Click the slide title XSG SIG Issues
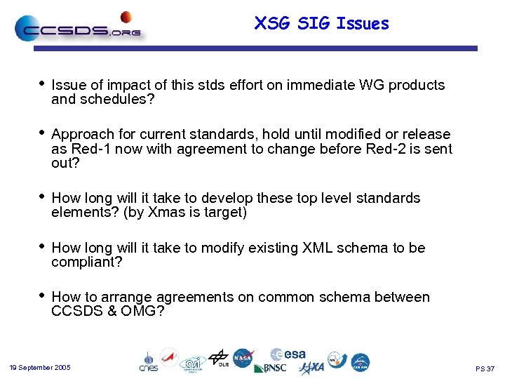[321, 24]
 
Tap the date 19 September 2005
[40, 368]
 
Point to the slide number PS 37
[485, 368]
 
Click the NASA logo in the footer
[243, 358]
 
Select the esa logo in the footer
[288, 354]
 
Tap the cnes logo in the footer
[148, 361]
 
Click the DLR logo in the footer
[219, 359]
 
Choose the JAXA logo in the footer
[311, 368]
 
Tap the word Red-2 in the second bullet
[387, 149]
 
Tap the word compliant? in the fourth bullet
[87, 262]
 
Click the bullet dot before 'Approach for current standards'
[42, 133]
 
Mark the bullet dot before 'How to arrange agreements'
[42, 296]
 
